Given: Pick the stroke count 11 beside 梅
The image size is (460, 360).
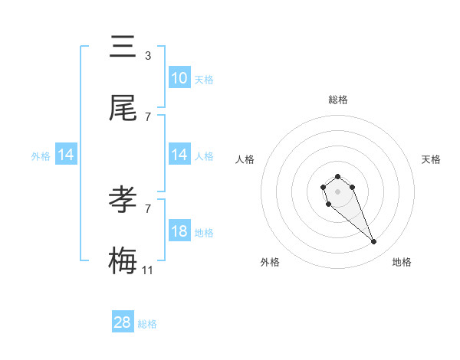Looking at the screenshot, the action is (x=148, y=270).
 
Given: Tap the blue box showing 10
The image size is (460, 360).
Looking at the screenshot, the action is (x=179, y=78).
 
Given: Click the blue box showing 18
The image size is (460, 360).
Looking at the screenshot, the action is (x=179, y=231).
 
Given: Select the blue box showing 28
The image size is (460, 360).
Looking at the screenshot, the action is (x=123, y=322).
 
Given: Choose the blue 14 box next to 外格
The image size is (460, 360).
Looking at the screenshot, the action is (x=66, y=155).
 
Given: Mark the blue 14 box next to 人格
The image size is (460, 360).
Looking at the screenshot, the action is (x=179, y=155).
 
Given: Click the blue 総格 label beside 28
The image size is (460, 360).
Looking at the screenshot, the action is (x=147, y=324).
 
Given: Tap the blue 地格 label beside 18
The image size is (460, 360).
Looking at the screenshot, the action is (x=204, y=233).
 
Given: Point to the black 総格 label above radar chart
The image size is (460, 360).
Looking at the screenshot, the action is (x=337, y=100).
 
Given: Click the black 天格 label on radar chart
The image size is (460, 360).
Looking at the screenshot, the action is (x=431, y=159).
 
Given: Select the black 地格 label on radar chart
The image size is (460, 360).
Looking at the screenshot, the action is (x=402, y=262).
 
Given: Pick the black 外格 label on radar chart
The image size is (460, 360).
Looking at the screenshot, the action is (x=270, y=262).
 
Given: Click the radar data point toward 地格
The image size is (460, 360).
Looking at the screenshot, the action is (x=374, y=242).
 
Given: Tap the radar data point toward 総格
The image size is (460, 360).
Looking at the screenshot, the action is (x=337, y=176).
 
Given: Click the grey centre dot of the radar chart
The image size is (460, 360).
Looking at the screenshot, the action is (x=337, y=191).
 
